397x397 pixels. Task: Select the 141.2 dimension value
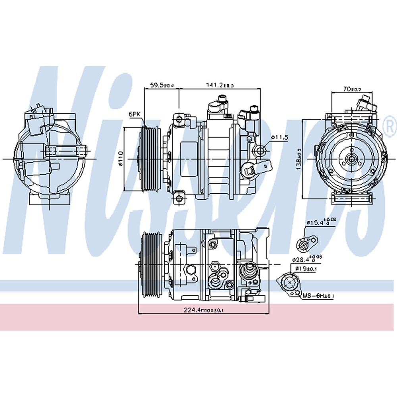click(219, 85)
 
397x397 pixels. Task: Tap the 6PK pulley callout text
click(135, 114)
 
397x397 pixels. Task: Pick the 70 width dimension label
click(349, 89)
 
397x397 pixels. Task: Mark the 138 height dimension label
click(299, 159)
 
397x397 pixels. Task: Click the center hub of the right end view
click(351, 159)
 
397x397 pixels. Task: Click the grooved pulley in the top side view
click(150, 159)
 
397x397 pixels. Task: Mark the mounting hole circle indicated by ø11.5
click(260, 150)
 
